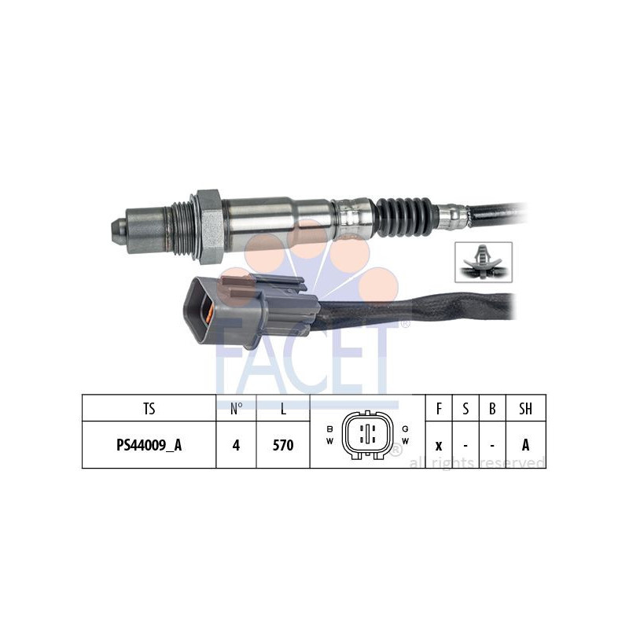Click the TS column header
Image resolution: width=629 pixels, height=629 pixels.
[149, 408]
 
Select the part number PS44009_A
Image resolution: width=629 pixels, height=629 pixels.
[149, 445]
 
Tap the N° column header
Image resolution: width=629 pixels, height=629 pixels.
[236, 408]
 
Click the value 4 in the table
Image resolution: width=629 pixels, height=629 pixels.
[236, 445]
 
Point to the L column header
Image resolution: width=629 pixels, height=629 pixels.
[283, 408]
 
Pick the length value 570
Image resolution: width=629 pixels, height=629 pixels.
[283, 445]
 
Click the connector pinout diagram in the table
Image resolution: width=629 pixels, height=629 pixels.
[366, 433]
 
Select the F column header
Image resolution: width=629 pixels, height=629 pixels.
[438, 408]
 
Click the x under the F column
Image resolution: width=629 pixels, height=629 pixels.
[438, 446]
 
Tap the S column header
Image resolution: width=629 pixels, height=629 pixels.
[465, 408]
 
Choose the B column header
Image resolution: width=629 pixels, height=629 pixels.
[492, 408]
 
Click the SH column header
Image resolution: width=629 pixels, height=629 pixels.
[526, 408]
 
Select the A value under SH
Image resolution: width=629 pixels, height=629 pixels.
[526, 445]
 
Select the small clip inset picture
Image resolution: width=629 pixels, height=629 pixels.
[484, 262]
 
